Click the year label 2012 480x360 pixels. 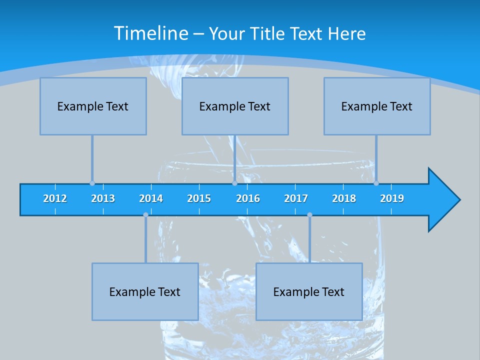tap(55, 198)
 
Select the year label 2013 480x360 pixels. tap(103, 198)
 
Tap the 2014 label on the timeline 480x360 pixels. tap(151, 198)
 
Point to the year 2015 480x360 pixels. tap(199, 198)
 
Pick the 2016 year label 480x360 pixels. tap(248, 198)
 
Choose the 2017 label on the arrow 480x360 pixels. tap(296, 198)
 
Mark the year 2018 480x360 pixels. tap(344, 198)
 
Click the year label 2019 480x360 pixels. tap(392, 198)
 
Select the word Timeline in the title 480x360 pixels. tap(150, 33)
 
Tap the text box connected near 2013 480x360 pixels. tap(93, 106)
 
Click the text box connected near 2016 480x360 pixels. tap(235, 106)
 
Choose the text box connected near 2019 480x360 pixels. tap(377, 106)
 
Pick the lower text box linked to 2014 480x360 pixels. tap(145, 291)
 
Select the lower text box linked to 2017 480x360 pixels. tap(309, 291)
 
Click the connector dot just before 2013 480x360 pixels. tap(92, 183)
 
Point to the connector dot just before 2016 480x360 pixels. tap(234, 183)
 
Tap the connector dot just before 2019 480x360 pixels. tap(376, 183)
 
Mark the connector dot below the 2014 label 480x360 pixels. tap(145, 215)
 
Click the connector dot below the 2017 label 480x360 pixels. tap(309, 215)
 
